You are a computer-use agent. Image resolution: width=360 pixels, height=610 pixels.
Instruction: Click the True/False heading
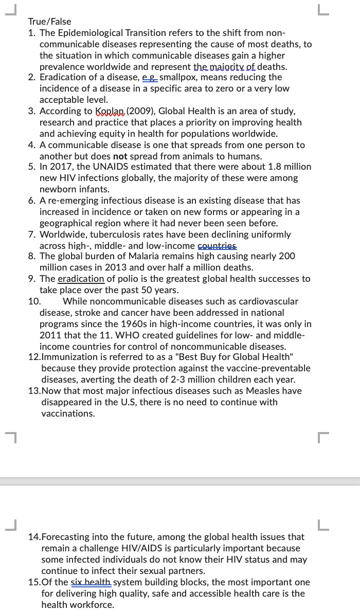tap(49, 22)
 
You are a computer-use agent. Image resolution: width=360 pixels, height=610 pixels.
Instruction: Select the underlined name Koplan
tap(110, 111)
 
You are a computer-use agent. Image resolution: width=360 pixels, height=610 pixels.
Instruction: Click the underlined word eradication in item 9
tap(81, 279)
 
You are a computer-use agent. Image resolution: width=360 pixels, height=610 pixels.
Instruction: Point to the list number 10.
tap(34, 301)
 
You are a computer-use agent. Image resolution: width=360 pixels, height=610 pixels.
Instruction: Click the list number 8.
tap(32, 256)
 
